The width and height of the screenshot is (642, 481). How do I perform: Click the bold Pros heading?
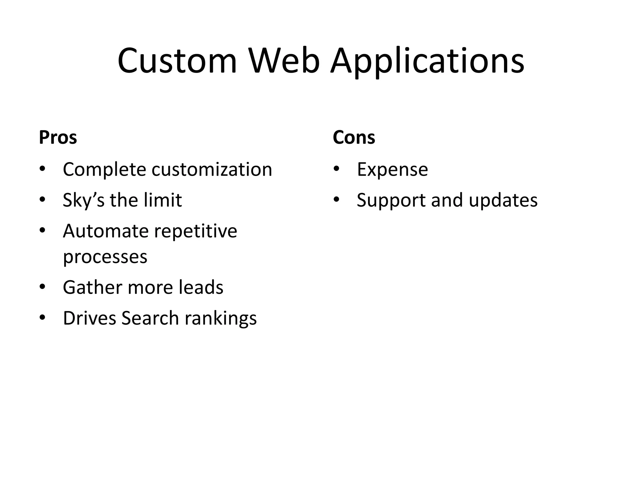point(58,137)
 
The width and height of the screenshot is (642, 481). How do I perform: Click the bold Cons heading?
point(354,137)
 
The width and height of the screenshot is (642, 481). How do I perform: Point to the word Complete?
point(104,169)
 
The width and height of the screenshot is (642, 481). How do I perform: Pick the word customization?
point(212,169)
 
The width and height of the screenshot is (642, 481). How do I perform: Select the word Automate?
point(106,231)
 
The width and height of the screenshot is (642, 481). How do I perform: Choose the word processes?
point(105,257)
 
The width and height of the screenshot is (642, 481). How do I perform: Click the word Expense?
point(392,169)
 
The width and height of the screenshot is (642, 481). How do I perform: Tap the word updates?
point(503,200)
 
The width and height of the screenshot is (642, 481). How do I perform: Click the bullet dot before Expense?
point(336,169)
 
